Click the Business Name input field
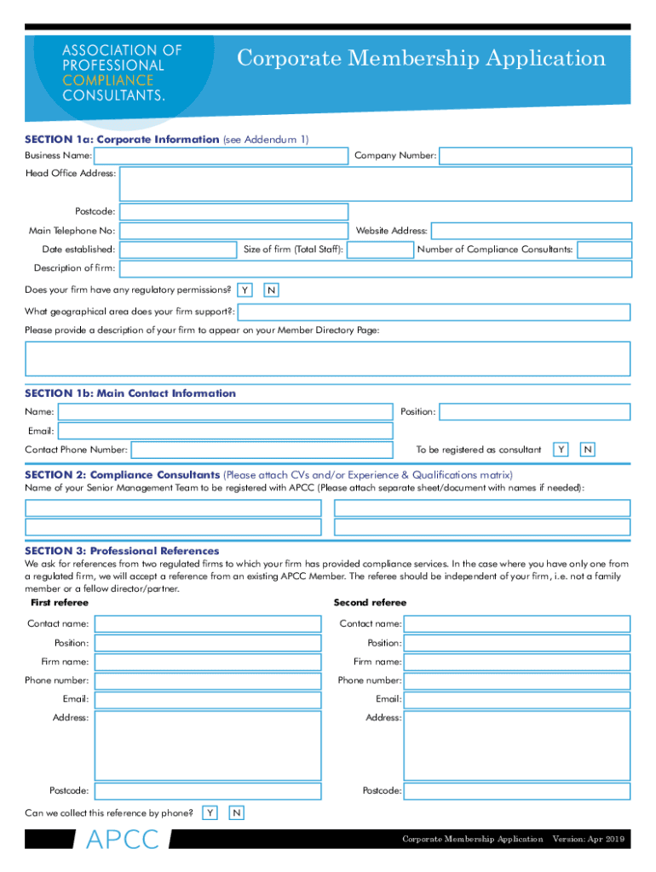point(222,156)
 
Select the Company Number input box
point(535,156)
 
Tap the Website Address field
point(531,231)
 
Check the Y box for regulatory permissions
point(245,290)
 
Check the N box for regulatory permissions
point(270,290)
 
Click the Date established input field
point(177,250)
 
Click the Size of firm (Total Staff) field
point(380,250)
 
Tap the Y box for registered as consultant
point(561,449)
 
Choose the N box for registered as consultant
point(587,449)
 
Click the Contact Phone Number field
point(262,449)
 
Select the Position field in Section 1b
point(534,412)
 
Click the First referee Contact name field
point(207,624)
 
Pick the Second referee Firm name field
point(516,662)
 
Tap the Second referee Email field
point(516,699)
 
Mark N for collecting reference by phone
point(237,813)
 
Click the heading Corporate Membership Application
point(421,59)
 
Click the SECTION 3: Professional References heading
point(122,551)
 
